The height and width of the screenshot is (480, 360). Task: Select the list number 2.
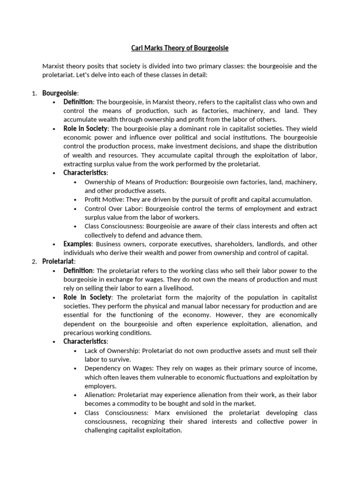click(x=34, y=262)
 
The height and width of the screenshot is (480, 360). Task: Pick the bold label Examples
click(x=78, y=244)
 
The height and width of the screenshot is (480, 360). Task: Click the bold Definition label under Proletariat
click(x=78, y=270)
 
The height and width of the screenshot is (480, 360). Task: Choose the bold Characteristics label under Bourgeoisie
click(x=85, y=172)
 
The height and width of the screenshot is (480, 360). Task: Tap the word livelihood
click(x=176, y=288)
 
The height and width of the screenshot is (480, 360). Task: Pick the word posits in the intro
click(x=95, y=66)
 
